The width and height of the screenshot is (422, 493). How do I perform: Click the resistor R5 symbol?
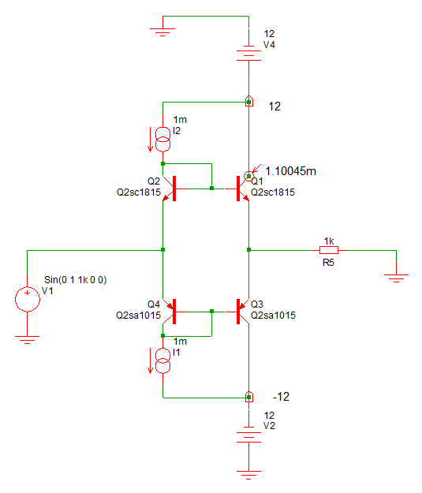point(329,250)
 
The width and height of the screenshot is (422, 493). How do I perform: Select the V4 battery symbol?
point(248,53)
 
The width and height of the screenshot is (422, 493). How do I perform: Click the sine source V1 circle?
point(28,299)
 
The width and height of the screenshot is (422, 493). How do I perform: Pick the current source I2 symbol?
point(163,140)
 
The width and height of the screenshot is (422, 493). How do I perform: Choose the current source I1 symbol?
point(163,361)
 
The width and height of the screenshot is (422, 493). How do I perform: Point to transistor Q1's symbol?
point(241,189)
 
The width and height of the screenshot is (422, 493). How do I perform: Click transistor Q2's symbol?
point(171,189)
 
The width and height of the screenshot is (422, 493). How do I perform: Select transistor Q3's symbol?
point(241,312)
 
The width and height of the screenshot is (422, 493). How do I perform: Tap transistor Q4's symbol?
point(171,312)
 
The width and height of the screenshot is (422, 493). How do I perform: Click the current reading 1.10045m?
point(291,171)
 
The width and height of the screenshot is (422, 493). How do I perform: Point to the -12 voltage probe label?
point(281,397)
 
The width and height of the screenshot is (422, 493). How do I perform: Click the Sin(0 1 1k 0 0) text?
point(76,279)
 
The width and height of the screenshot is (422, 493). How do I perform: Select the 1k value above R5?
point(329,241)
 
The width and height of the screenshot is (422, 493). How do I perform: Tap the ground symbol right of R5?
point(396,277)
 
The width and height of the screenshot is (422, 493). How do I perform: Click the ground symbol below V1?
point(28,338)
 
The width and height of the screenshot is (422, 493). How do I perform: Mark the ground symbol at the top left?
point(162,31)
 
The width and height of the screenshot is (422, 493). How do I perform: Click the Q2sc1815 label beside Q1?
point(273,192)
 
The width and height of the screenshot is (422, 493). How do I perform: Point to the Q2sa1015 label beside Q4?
point(138,315)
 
